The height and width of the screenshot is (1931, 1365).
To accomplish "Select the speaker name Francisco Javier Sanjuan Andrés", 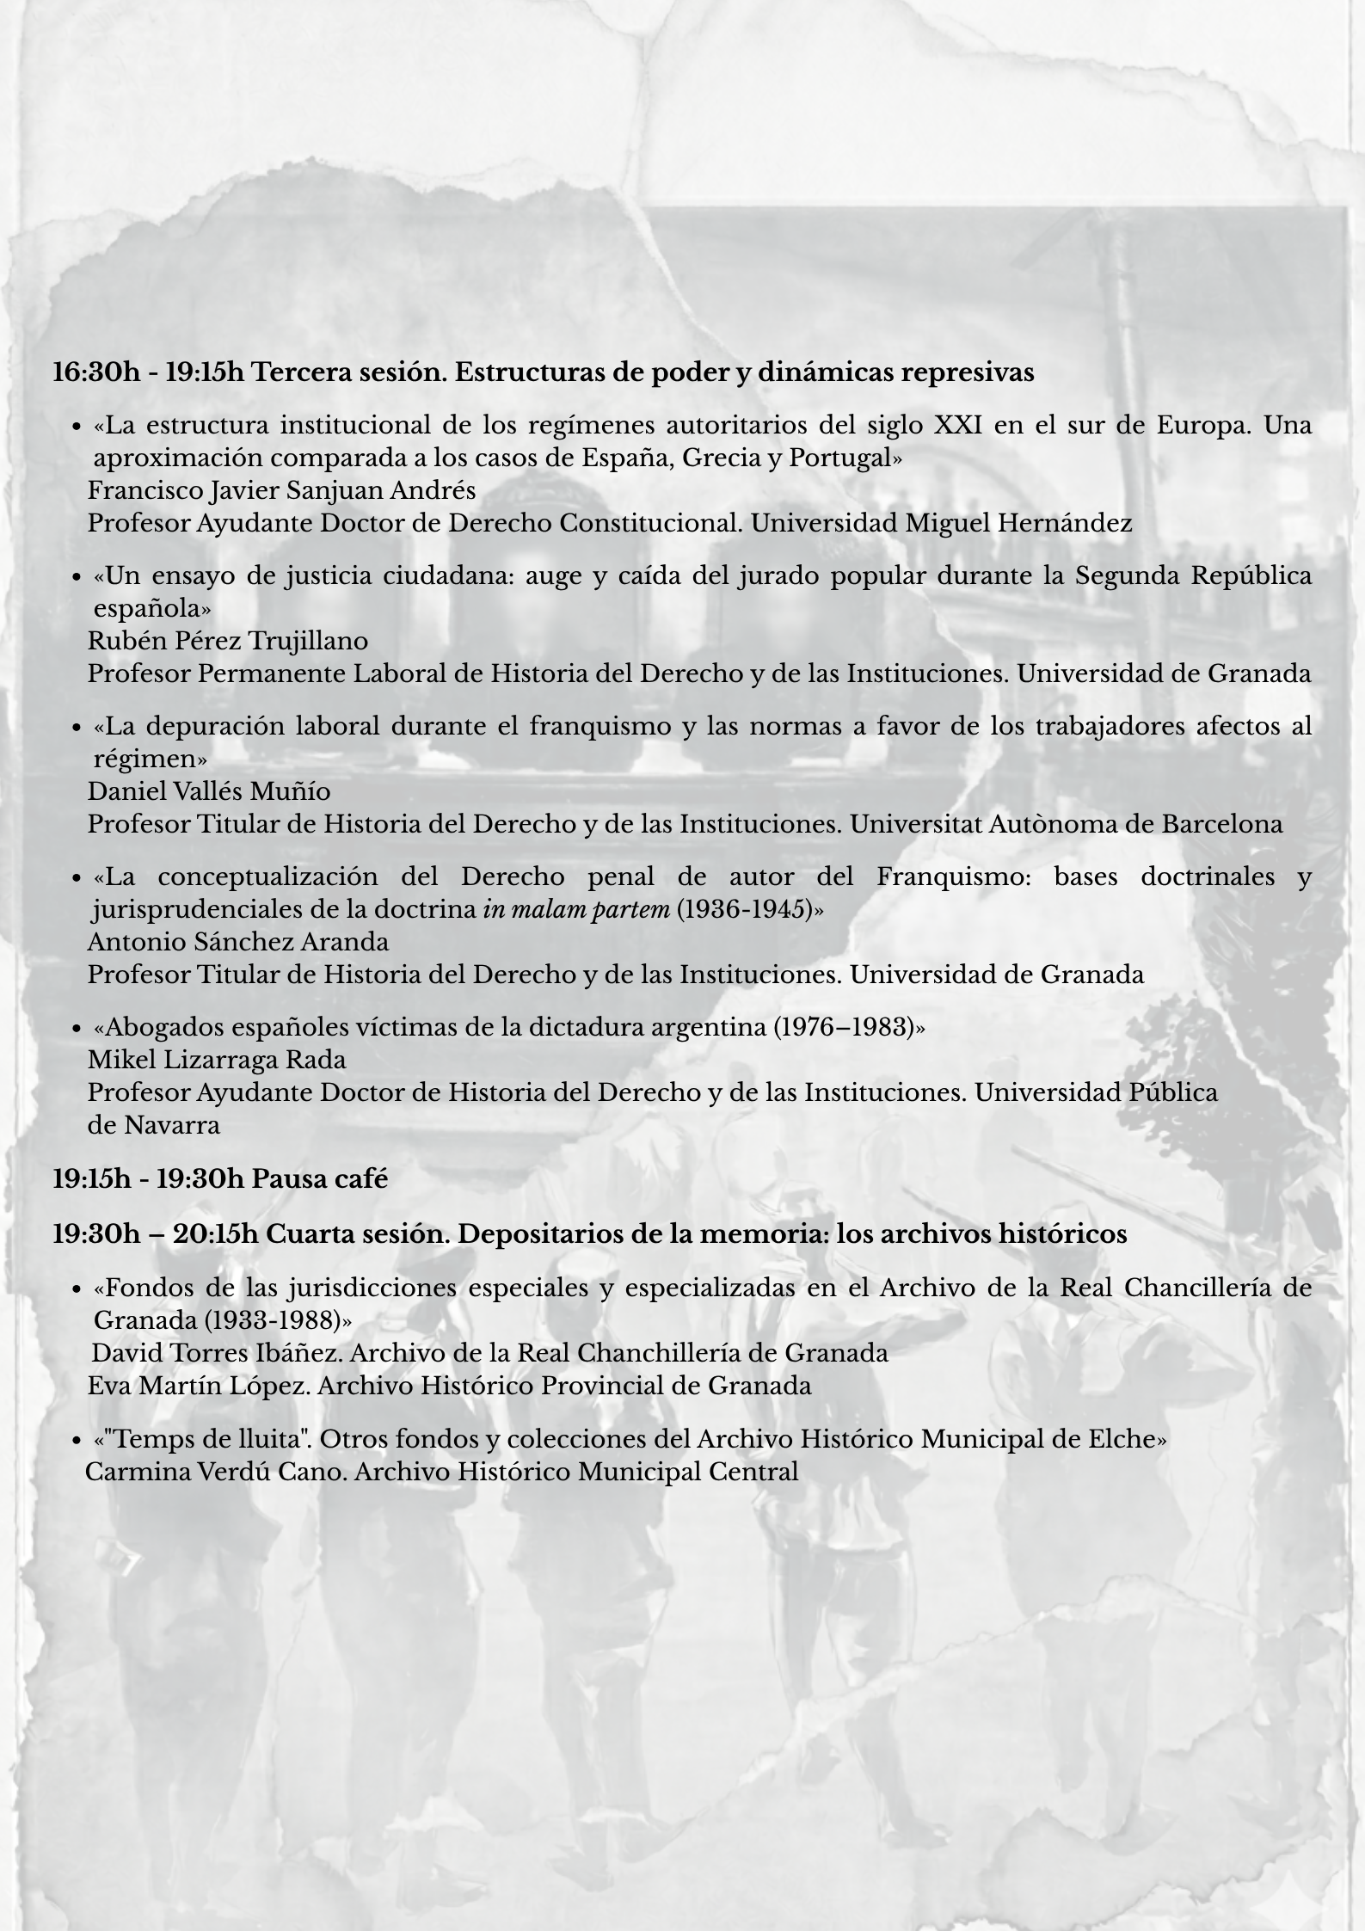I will pyautogui.click(x=281, y=490).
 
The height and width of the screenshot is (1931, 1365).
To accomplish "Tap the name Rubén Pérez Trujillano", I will pyautogui.click(x=228, y=641).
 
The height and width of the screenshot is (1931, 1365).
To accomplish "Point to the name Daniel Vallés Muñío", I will pyautogui.click(x=209, y=791).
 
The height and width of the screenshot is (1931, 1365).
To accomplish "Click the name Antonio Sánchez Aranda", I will pyautogui.click(x=238, y=942).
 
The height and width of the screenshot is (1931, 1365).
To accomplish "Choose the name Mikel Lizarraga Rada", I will pyautogui.click(x=217, y=1060).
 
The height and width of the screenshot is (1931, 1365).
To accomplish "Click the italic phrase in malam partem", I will pyautogui.click(x=576, y=909).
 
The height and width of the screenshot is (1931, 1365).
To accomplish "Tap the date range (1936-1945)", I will pyautogui.click(x=745, y=909).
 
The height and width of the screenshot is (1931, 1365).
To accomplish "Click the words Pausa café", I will pyautogui.click(x=319, y=1178).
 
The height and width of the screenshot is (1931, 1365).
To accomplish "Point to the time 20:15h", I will pyautogui.click(x=215, y=1233).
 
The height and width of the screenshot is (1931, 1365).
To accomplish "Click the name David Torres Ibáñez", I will pyautogui.click(x=217, y=1353).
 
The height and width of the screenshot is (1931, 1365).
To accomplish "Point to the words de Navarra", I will pyautogui.click(x=154, y=1125).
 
